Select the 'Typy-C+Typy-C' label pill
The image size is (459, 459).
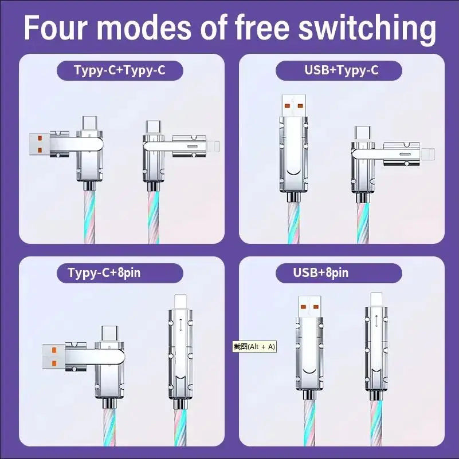tap(120, 71)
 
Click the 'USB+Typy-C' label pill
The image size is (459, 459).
tap(339, 71)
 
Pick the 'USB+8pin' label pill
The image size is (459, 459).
tap(321, 272)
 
